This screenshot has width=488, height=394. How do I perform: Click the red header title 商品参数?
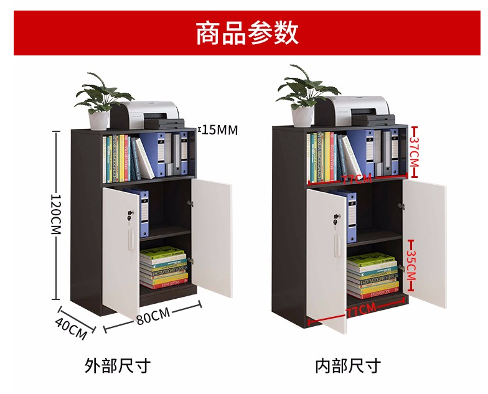pyautogui.click(x=247, y=32)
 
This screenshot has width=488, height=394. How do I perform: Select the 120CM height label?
pyautogui.click(x=56, y=213)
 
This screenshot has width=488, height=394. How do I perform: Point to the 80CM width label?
pyautogui.click(x=152, y=316)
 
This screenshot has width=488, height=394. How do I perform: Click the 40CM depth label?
pyautogui.click(x=71, y=328)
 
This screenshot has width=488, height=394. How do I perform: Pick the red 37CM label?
pyautogui.click(x=415, y=152)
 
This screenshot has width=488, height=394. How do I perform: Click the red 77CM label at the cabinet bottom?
pyautogui.click(x=361, y=310)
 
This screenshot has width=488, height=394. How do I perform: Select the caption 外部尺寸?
pyautogui.click(x=118, y=365)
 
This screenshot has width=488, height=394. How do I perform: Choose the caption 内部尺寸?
pyautogui.click(x=347, y=365)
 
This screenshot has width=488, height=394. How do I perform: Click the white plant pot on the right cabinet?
pyautogui.click(x=303, y=116)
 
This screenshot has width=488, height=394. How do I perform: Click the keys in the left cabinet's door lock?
pyautogui.click(x=130, y=217)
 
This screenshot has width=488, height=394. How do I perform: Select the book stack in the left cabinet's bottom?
pyautogui.click(x=163, y=268)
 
